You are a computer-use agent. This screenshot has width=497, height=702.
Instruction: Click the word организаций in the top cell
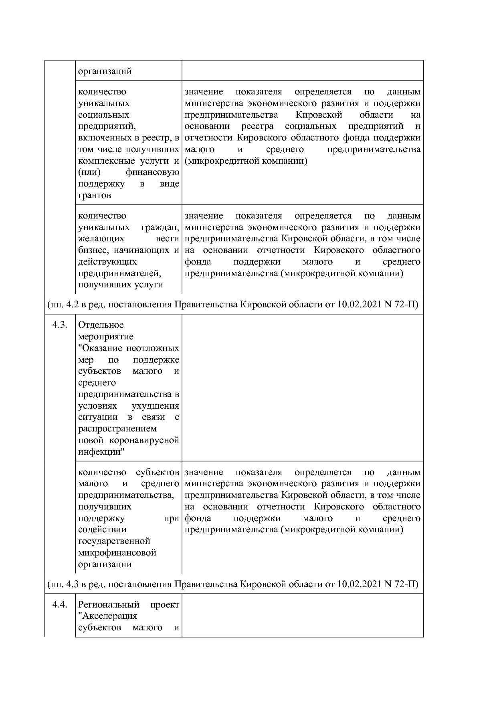tap(105, 71)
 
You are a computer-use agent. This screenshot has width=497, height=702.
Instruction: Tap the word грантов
tap(95, 196)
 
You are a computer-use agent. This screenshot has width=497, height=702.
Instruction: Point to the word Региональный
tap(109, 604)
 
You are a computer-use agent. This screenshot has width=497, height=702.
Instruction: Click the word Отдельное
tap(101, 325)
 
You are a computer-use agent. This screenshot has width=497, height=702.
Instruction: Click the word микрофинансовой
tap(117, 553)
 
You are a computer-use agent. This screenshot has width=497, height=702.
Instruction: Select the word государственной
tap(114, 541)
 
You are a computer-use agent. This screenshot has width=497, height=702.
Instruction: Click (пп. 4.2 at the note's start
tap(63, 305)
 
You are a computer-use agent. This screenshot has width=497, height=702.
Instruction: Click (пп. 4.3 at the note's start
tap(63, 584)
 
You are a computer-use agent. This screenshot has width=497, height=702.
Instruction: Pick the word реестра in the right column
tap(258, 126)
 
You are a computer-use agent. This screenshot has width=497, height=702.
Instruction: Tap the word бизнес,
tap(94, 251)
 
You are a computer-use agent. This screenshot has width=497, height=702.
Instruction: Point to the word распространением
tap(117, 429)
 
